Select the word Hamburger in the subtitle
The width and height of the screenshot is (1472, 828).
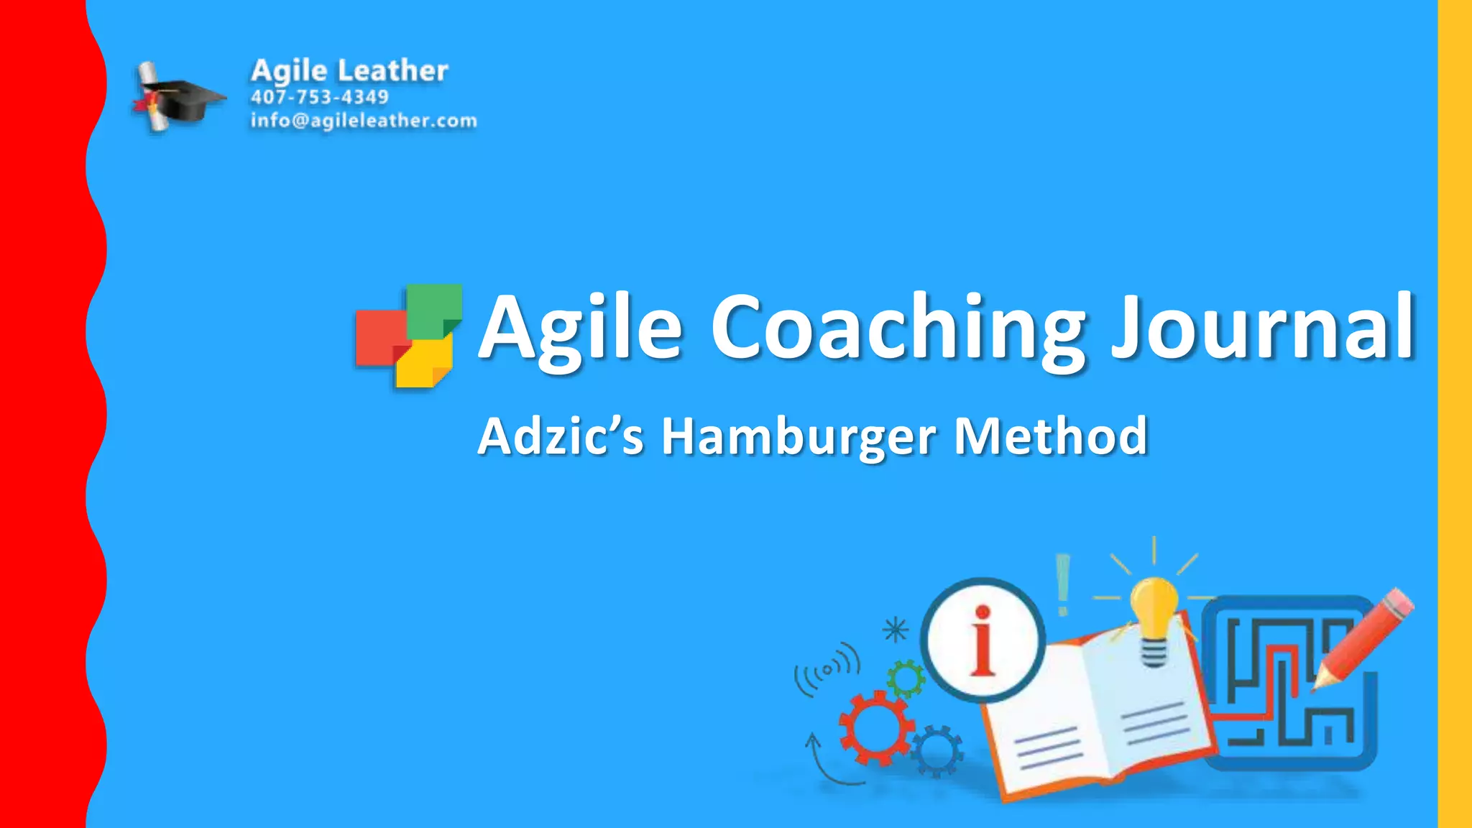799,436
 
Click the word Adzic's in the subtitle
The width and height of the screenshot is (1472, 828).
561,436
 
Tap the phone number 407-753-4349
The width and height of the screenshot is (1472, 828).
319,97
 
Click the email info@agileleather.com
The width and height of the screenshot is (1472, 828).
363,120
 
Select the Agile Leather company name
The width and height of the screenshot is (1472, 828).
349,70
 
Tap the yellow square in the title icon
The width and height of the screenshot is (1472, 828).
424,364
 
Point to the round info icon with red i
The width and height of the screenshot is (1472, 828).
982,640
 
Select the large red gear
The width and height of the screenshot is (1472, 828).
875,727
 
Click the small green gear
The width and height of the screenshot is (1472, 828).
906,678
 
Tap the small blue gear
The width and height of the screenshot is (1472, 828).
937,750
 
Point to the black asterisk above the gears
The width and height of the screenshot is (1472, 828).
896,630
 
